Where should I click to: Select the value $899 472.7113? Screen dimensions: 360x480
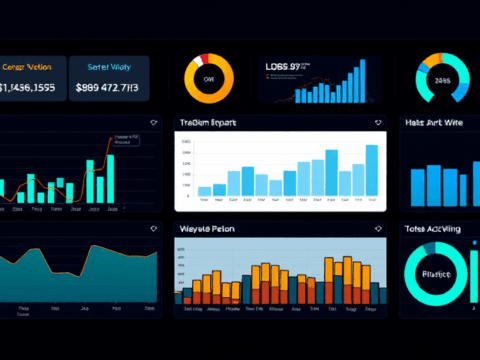[111, 87]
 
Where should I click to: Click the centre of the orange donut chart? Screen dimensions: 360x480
[210, 78]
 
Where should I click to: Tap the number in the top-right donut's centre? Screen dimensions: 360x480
[442, 80]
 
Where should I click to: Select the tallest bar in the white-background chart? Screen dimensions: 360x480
[371, 170]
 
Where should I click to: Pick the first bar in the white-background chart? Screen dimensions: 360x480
[204, 190]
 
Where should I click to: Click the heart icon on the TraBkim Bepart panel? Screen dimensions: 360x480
[378, 122]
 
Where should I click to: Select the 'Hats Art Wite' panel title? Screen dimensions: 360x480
[435, 122]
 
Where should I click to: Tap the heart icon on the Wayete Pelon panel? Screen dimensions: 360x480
[377, 229]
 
